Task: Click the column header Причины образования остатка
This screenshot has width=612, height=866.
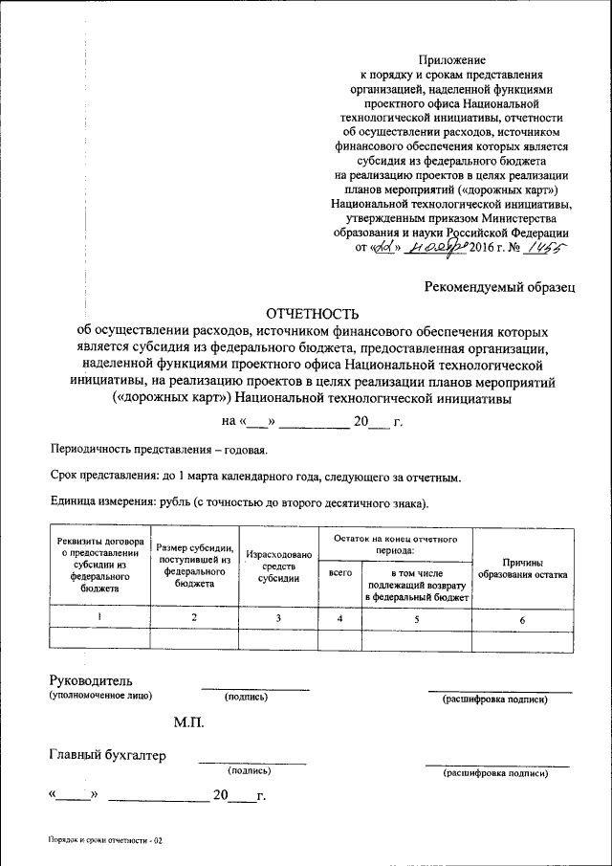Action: coord(523,568)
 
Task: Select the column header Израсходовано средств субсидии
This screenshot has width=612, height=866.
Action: coord(278,566)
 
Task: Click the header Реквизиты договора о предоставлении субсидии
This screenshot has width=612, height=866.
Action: coord(100,565)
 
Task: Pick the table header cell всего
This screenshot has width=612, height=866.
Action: coord(340,572)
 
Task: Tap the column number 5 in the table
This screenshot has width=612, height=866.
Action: coord(417,618)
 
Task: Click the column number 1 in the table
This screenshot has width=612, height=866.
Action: coord(100,618)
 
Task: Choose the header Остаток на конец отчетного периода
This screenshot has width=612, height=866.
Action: coord(396,544)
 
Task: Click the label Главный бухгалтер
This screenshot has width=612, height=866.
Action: coord(107,755)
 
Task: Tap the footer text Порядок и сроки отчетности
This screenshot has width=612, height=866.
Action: coord(107,839)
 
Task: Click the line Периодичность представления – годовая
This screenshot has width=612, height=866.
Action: coord(159,450)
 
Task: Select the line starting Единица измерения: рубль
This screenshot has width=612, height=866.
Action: coord(239,502)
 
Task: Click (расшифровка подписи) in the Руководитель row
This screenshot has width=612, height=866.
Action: coord(494,699)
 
